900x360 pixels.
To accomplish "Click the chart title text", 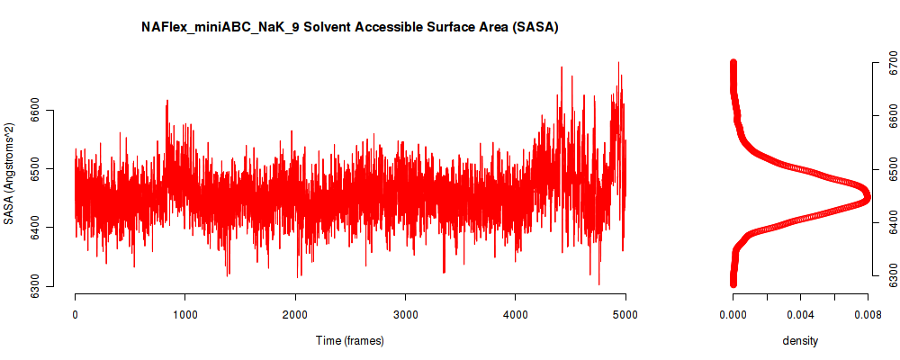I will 350,28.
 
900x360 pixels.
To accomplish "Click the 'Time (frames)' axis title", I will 350,340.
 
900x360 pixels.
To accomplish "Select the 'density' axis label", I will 800,340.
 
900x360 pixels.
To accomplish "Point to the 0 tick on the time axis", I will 75,314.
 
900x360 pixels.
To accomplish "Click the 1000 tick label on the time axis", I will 184,314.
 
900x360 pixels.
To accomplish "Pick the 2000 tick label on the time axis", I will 295,314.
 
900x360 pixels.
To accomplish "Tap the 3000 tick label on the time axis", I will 405,314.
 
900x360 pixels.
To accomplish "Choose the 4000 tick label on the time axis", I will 515,314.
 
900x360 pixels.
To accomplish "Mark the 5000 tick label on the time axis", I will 625,314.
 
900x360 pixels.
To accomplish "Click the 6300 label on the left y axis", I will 35,288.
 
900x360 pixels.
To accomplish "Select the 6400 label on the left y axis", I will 35,229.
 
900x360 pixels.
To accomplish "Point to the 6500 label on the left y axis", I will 35,169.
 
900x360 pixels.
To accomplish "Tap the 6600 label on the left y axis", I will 35,111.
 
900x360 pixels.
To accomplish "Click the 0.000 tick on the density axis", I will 733,314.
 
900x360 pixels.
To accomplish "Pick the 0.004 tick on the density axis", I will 800,314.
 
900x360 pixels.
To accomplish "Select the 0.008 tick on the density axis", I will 868,314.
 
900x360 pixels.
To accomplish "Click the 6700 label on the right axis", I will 889,68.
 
